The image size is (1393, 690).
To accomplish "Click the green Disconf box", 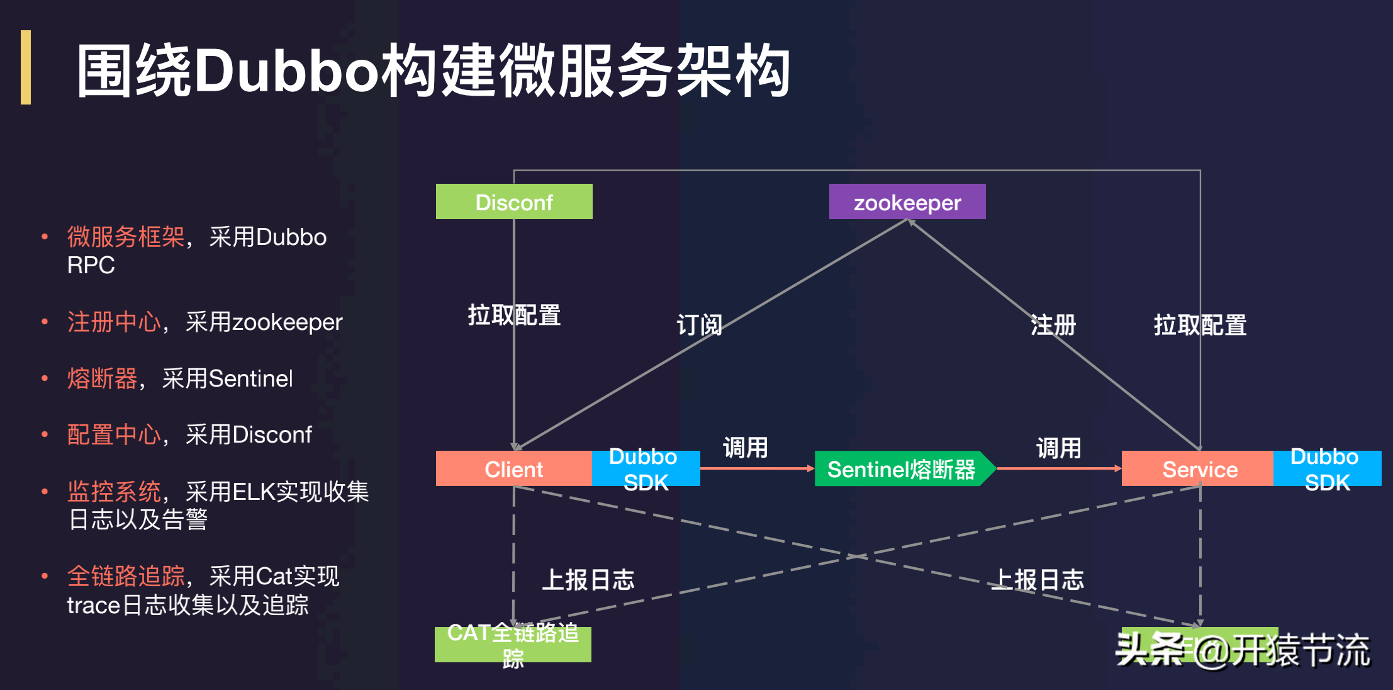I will [x=514, y=202].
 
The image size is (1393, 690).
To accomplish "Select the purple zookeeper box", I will [x=907, y=202].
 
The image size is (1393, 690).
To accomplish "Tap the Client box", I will [x=513, y=469].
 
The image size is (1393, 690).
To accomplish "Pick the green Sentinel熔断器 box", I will [x=901, y=469].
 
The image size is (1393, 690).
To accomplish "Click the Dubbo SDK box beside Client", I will [x=646, y=469].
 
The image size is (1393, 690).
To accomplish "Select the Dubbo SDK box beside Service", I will [x=1326, y=469].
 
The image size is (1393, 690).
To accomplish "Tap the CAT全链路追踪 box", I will [x=513, y=645].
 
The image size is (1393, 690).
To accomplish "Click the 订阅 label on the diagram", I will [x=699, y=325].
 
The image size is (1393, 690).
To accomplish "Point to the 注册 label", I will [x=1053, y=325].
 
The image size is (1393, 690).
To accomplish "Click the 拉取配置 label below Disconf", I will [x=514, y=315].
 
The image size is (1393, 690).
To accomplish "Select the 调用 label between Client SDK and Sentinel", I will [x=745, y=448].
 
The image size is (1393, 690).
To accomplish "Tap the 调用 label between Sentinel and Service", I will [x=1058, y=448].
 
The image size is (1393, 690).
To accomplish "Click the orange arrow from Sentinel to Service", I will [x=1058, y=468].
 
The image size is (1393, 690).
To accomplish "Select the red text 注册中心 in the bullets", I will [x=114, y=322].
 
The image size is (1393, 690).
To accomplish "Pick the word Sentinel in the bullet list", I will [x=250, y=379].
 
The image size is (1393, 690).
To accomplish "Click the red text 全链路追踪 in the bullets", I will [x=126, y=577].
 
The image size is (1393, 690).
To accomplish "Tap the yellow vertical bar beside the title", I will [x=26, y=67].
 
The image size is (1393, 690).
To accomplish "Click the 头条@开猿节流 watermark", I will [x=1242, y=650].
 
